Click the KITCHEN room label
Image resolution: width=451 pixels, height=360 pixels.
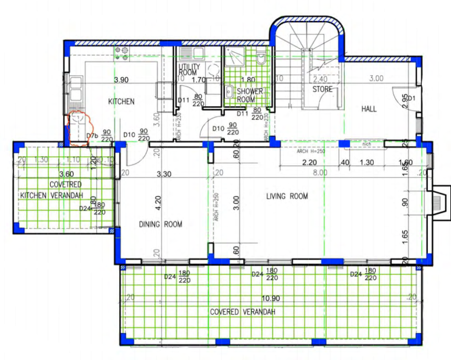click(122, 102)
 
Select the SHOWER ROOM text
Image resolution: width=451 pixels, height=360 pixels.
click(250, 95)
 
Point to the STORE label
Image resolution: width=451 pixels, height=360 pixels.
click(321, 89)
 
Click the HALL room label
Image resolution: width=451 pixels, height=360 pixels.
click(368, 108)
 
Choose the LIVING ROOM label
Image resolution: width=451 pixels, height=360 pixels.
click(286, 197)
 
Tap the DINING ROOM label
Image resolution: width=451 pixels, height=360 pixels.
click(160, 225)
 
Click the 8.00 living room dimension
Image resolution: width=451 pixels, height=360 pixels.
click(319, 173)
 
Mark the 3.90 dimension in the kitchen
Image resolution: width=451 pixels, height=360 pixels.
click(121, 81)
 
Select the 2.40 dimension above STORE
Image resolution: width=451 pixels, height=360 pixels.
click(320, 79)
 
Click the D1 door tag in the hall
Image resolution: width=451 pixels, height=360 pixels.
click(410, 98)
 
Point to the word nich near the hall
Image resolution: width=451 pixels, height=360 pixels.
click(366, 143)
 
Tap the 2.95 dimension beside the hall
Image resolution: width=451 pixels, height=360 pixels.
click(404, 102)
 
